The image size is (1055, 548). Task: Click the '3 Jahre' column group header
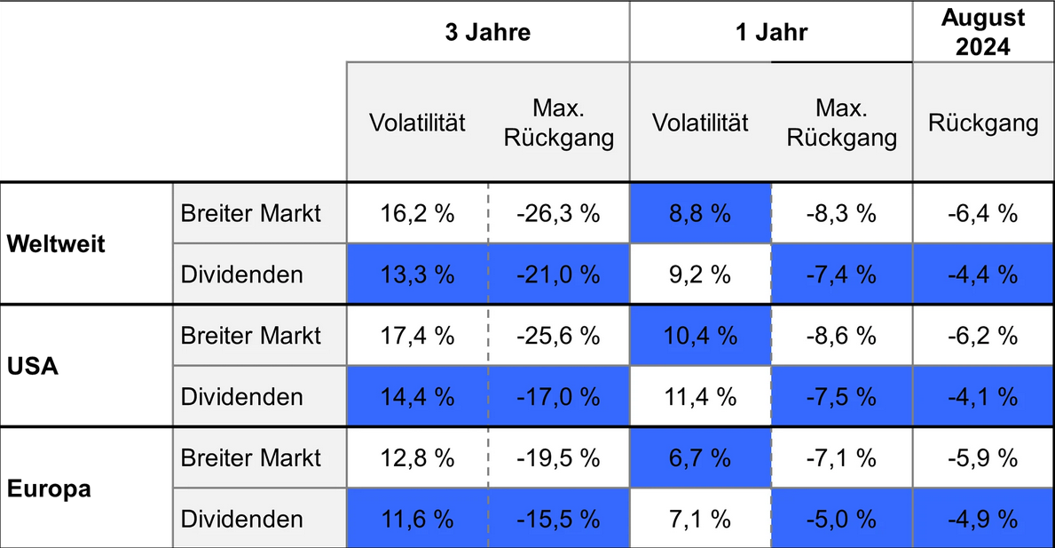[x=487, y=33]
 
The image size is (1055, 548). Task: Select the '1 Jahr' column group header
[x=770, y=33]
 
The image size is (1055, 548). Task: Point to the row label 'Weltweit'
[x=56, y=244]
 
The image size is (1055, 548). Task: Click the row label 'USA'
[x=33, y=366]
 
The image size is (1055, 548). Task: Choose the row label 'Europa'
[x=49, y=488]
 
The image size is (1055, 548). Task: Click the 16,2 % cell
[x=417, y=214]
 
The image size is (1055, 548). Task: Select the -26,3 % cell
[x=559, y=214]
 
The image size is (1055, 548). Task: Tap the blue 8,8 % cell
[x=700, y=214]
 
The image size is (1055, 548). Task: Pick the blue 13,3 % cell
[x=417, y=274]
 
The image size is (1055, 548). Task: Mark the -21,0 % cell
[x=559, y=274]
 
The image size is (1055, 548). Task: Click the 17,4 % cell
[x=417, y=336]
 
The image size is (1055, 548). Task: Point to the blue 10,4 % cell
[x=700, y=336]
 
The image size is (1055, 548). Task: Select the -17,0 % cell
[x=559, y=396]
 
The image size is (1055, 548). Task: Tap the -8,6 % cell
[x=841, y=336]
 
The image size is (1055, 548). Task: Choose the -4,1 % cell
[x=982, y=396]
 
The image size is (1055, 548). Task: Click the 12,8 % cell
[x=417, y=457]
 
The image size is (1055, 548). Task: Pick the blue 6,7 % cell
[x=700, y=457]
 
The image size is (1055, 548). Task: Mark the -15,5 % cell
[x=559, y=519]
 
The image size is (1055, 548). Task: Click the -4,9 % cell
[x=982, y=519]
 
